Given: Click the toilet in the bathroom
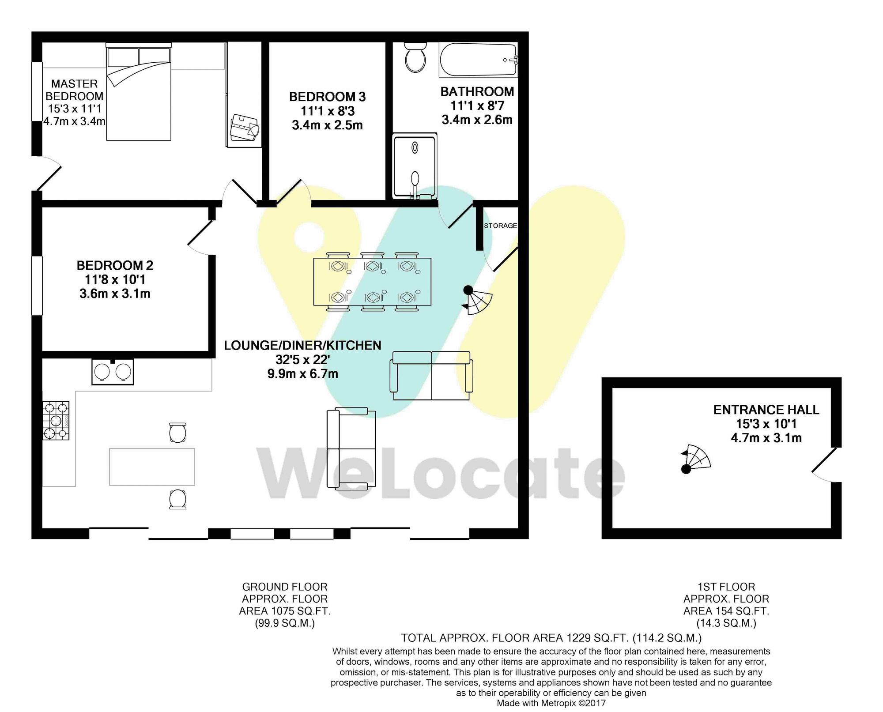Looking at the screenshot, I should point(415,57).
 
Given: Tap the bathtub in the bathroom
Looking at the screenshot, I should point(478,60).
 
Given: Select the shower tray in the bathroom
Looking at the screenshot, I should point(414,166).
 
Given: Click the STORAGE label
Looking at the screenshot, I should point(500,226).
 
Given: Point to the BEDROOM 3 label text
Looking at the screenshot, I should point(327,97).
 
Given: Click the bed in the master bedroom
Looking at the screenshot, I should point(139,94).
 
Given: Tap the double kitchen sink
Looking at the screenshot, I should point(112,372).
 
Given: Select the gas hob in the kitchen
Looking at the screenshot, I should point(56,420).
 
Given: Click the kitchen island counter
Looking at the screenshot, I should point(152,467).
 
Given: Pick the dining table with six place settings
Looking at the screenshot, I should point(372,282).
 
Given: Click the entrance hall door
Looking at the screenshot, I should point(824,465).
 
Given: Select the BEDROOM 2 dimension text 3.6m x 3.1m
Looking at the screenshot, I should point(115,294).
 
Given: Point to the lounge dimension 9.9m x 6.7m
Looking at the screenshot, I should point(302,374).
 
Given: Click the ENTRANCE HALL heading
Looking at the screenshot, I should point(766,410).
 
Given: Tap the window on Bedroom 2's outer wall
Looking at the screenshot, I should point(37,286).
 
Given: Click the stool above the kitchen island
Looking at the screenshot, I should point(177,433).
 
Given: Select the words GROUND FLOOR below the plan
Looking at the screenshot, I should point(285,587).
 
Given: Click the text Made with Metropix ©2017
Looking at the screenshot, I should point(551,703).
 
